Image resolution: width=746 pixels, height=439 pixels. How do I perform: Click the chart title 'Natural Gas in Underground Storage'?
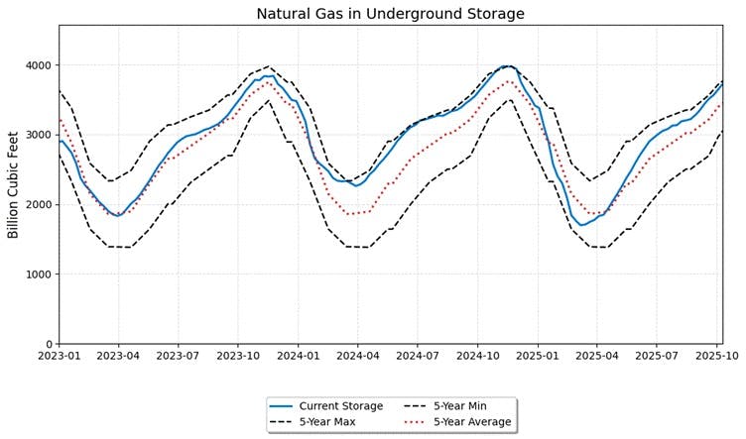[390, 14]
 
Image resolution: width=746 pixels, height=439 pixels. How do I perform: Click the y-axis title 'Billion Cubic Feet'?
[14, 184]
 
